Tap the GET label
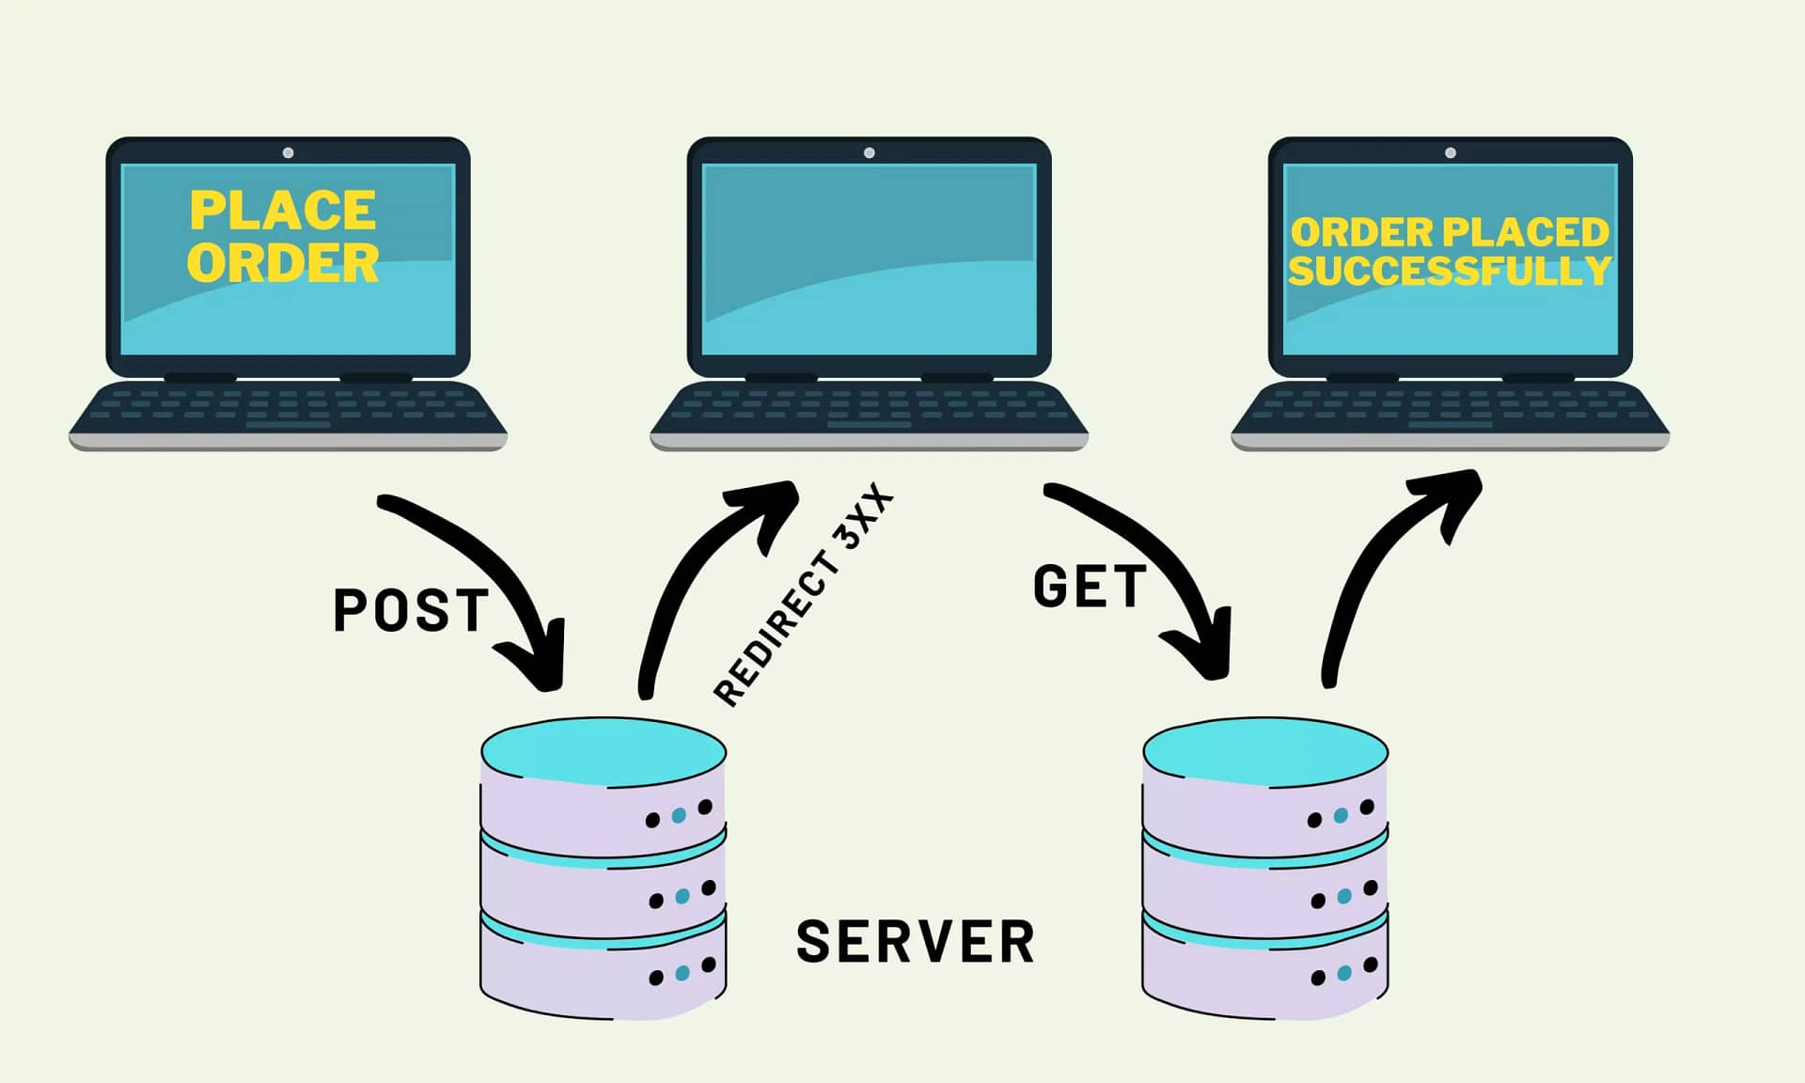pyautogui.click(x=1090, y=586)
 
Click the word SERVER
pyautogui.click(x=915, y=941)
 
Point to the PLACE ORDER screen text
pyautogui.click(x=283, y=236)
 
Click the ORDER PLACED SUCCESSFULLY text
pyautogui.click(x=1450, y=251)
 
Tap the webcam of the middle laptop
pyautogui.click(x=869, y=152)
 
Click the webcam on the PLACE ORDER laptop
pyautogui.click(x=288, y=152)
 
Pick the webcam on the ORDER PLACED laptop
pyautogui.click(x=1451, y=152)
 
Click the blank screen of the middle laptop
pyautogui.click(x=869, y=259)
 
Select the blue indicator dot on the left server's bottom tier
pyautogui.click(x=683, y=973)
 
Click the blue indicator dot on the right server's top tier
pyautogui.click(x=1341, y=815)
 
